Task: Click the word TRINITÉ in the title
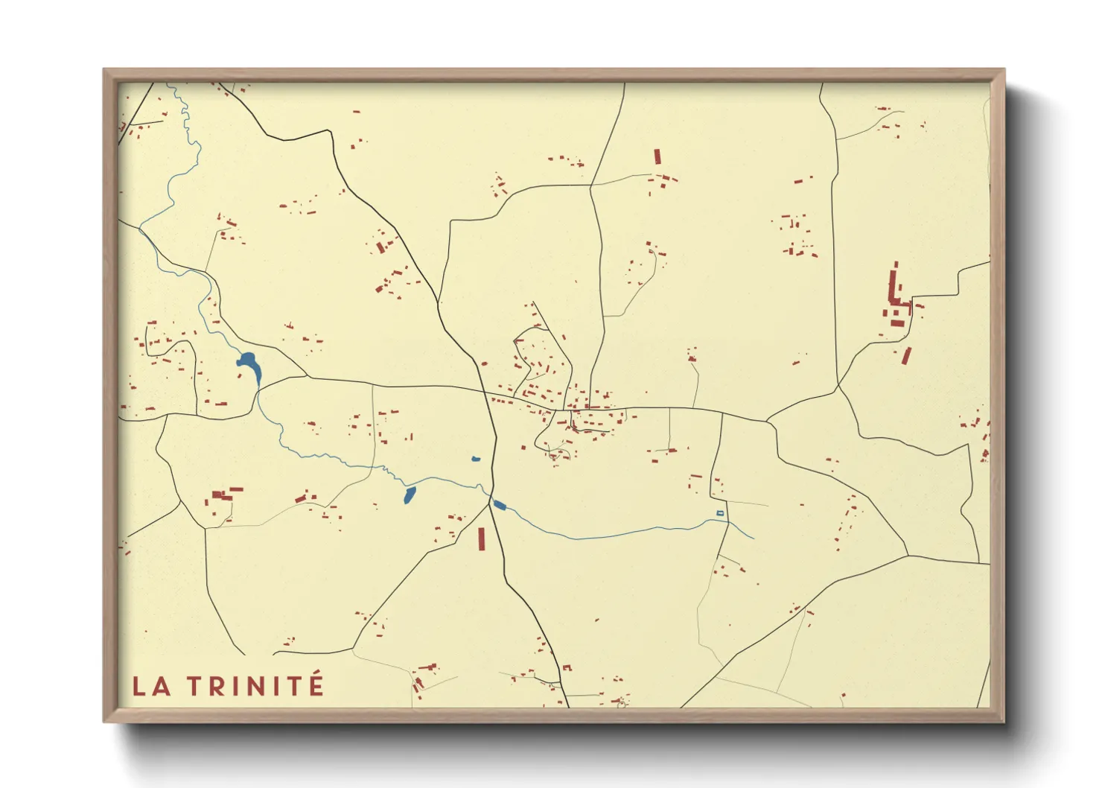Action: click(x=255, y=686)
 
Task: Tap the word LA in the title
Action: click(x=152, y=686)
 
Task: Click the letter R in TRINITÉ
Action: click(x=216, y=686)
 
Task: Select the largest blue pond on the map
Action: click(x=249, y=364)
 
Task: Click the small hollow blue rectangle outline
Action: click(x=719, y=513)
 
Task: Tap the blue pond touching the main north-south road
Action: click(x=499, y=505)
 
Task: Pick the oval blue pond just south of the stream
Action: click(x=410, y=495)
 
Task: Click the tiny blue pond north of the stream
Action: click(x=476, y=459)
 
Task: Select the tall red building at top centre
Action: click(x=657, y=156)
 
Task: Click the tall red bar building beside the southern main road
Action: click(x=482, y=538)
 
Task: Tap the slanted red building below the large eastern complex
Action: click(x=906, y=355)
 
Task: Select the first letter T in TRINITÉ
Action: click(x=195, y=686)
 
